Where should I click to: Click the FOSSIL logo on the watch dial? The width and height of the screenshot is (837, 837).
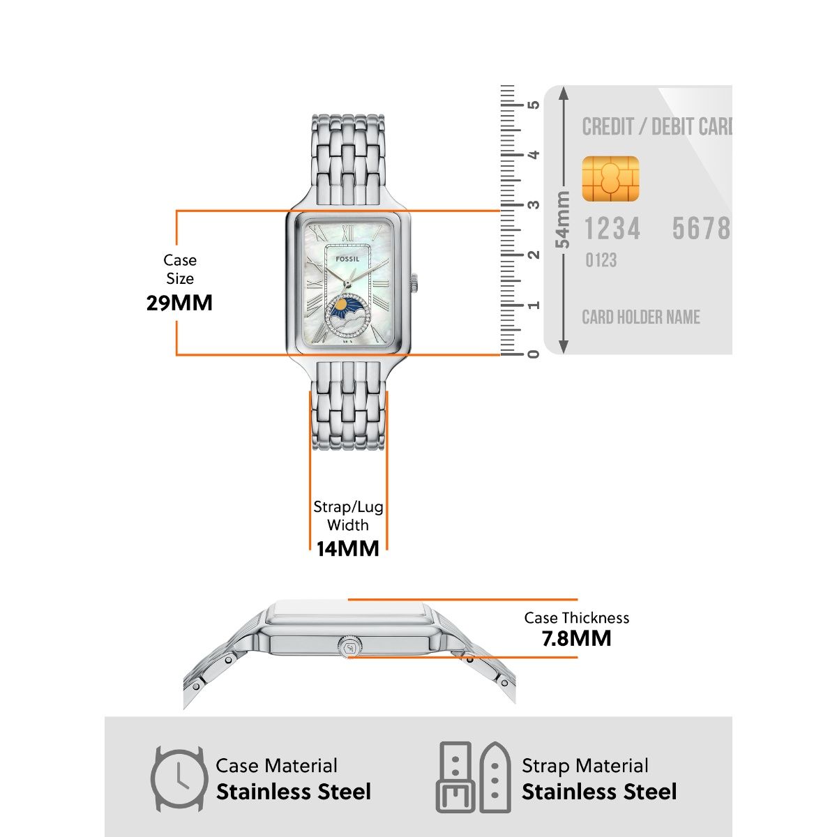347,259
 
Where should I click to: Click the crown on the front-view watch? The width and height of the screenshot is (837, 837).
414,282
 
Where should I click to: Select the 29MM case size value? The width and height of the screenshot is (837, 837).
179,303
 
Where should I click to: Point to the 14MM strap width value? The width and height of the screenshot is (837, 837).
347,549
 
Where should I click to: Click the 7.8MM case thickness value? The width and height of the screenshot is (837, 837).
576,638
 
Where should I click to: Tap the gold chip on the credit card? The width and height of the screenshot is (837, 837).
610,179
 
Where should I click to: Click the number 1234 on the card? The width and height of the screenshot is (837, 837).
612,229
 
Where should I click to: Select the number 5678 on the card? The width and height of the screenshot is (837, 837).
701,229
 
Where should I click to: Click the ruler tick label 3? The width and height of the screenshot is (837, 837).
534,204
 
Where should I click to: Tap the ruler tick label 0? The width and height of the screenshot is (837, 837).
534,354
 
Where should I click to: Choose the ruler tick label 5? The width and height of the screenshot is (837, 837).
534,105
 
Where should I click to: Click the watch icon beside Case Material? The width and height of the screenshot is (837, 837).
179,779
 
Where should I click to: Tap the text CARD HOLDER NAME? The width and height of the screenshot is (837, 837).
641,317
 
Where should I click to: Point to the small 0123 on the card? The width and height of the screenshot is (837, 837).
601,260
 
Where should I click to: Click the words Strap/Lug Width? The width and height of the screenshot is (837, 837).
348,515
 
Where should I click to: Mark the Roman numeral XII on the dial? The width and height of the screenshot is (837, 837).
347,233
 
